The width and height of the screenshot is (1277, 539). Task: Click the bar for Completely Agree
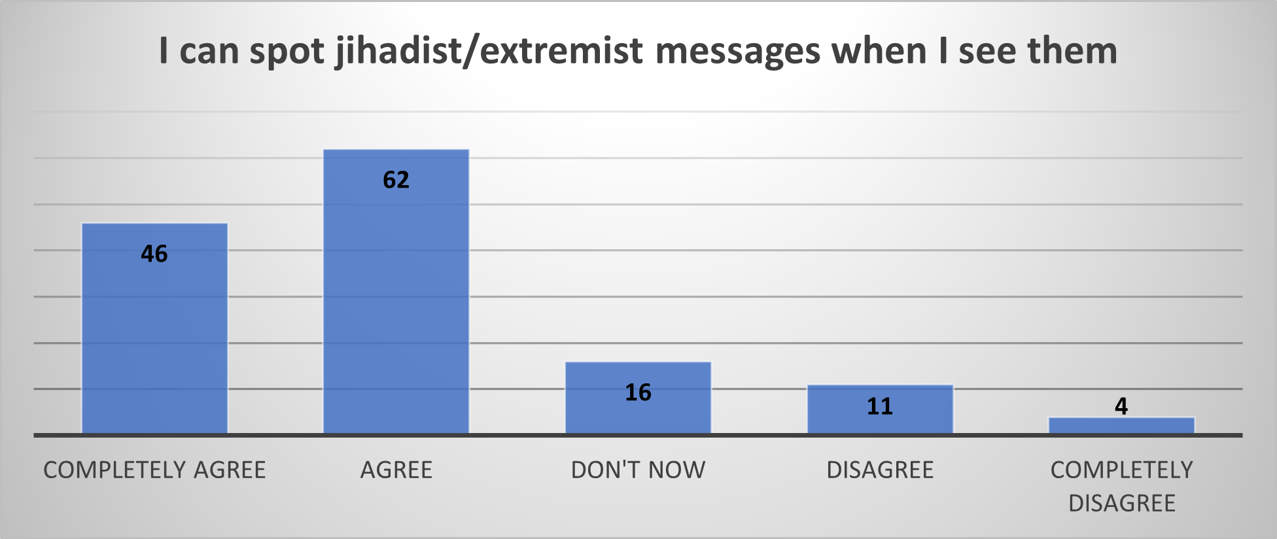(154, 328)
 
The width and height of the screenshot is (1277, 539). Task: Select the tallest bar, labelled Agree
(396, 292)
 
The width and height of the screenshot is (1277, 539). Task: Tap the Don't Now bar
(638, 398)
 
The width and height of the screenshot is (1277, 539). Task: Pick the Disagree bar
(880, 409)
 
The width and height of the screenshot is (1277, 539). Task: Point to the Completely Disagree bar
(1122, 425)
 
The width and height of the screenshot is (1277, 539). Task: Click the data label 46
(154, 254)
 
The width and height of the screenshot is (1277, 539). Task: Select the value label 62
(396, 180)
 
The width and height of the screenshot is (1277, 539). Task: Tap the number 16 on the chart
(638, 392)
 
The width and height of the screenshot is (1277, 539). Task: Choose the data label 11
(880, 407)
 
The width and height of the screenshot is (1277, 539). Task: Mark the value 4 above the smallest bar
(1121, 406)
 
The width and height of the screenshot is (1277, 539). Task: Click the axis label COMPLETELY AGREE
(154, 470)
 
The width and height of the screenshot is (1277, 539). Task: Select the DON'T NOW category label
(638, 470)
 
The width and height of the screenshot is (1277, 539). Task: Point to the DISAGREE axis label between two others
(880, 470)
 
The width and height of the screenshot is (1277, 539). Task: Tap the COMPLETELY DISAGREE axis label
(1122, 487)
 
